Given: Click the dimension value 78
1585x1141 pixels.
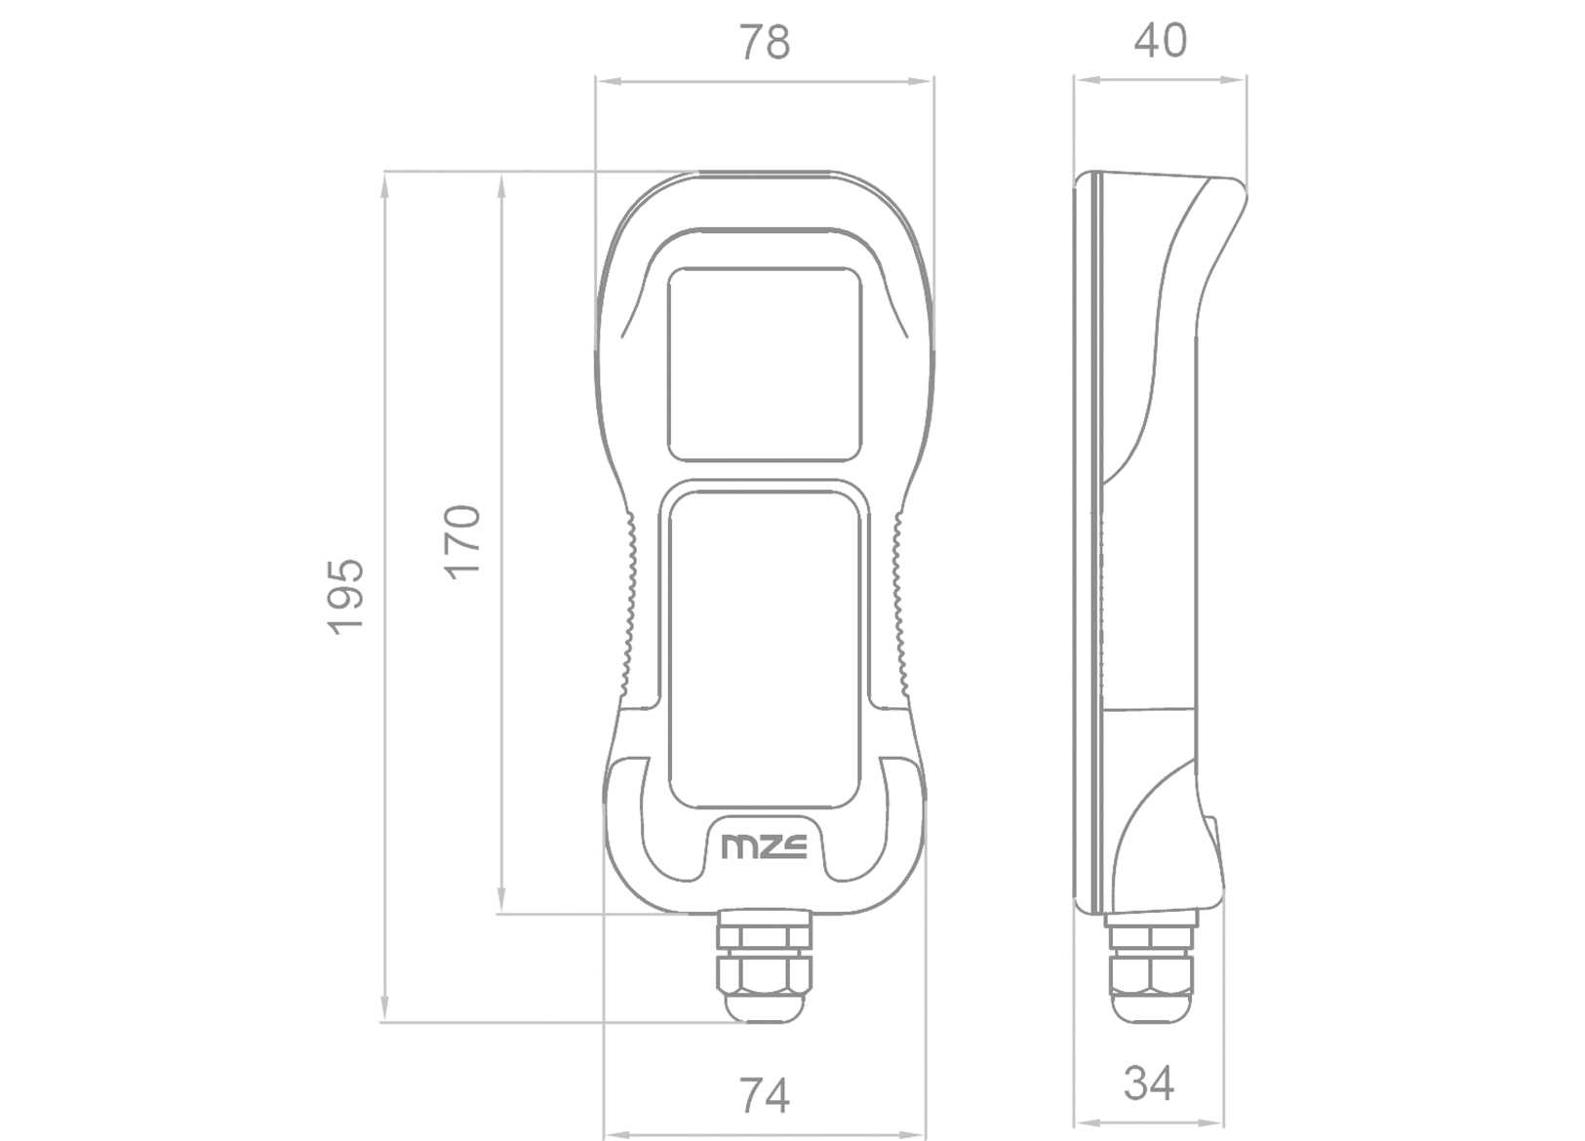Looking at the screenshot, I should tap(764, 42).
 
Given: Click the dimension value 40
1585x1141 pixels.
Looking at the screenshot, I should tap(1160, 40).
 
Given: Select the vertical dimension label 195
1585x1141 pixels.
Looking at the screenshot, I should tap(345, 596).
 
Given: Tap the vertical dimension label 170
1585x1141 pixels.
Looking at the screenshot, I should tap(462, 541).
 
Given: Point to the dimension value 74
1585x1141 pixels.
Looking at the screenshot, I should tap(764, 1095).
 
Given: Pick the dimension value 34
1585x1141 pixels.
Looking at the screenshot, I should tap(1148, 1083).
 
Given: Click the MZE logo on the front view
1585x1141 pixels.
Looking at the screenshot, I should tap(764, 846).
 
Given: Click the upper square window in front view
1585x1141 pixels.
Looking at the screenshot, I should tap(765, 364).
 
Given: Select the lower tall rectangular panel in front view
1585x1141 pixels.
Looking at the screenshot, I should tap(765, 649).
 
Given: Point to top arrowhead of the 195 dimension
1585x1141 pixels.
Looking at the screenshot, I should tap(384, 185).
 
